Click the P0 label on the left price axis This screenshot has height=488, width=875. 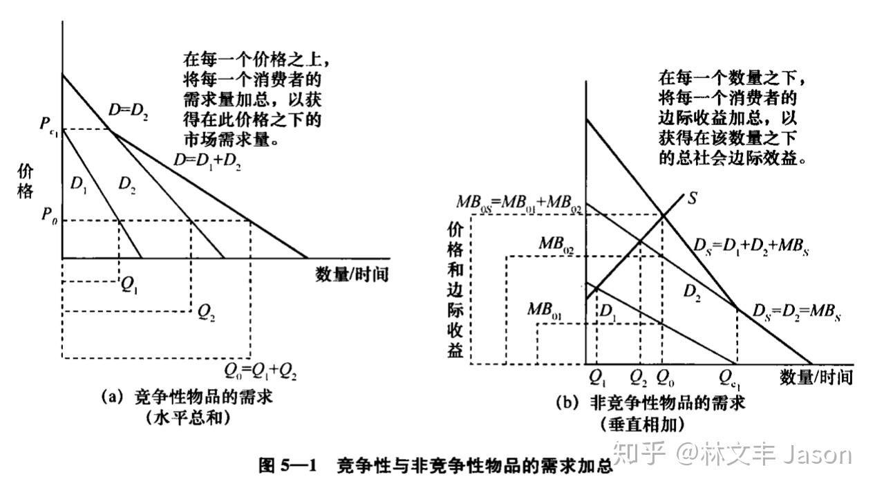[x=49, y=215]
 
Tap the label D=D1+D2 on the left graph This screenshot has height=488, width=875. [x=207, y=160]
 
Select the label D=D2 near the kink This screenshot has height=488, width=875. [x=128, y=111]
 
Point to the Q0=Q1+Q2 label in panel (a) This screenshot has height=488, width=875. [x=260, y=371]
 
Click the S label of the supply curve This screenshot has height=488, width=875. [x=692, y=198]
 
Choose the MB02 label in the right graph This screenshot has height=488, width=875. [x=556, y=245]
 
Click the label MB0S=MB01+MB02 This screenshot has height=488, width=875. [x=519, y=203]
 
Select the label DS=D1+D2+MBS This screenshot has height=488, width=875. [x=751, y=247]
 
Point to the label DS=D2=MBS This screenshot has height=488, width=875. [x=796, y=312]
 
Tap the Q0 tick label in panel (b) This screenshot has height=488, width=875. [x=665, y=377]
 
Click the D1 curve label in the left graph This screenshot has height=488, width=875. [x=79, y=185]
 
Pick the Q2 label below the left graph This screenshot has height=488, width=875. [x=206, y=312]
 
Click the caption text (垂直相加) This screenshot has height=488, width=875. [x=643, y=424]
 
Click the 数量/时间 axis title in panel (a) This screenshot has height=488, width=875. [x=352, y=274]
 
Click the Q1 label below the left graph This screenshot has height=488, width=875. [x=129, y=285]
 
